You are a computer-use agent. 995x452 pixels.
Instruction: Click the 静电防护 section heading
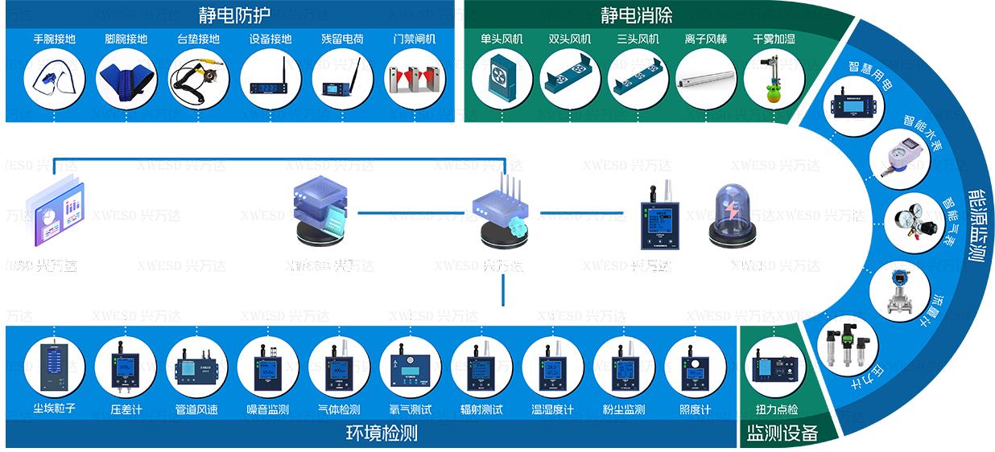pos(234,14)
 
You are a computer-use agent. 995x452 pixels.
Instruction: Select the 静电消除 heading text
pos(636,14)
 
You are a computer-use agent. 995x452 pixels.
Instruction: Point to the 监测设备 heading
pos(782,434)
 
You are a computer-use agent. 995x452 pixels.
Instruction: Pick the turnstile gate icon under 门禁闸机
pos(415,80)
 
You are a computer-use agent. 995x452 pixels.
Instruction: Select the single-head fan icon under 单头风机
pos(502,80)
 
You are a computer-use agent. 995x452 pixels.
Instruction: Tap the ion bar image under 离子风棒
pos(706,80)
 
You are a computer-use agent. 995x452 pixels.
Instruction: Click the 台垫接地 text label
pos(198,39)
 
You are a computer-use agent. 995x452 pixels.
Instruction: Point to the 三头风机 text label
pos(638,39)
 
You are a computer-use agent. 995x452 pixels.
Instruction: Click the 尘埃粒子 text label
pos(54,409)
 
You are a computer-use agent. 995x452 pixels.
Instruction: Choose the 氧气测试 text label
pos(410,409)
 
